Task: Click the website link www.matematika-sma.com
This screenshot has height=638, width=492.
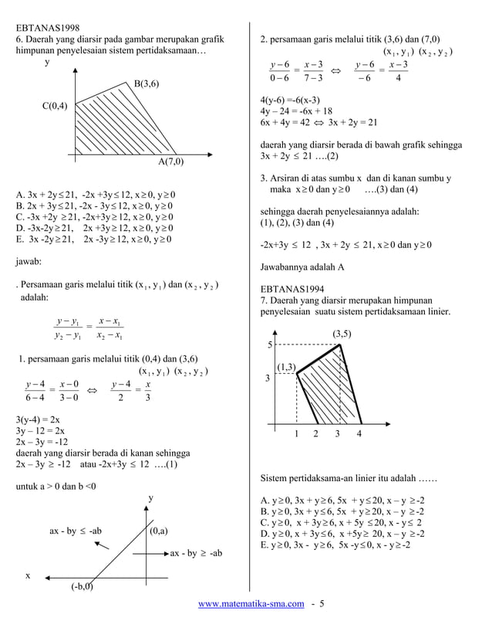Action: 251,623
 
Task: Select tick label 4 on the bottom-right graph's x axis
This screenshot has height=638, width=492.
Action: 359,434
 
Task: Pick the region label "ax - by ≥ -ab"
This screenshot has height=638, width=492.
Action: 196,553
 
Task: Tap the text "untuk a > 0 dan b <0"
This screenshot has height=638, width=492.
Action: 56,487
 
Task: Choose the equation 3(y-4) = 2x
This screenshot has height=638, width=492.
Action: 38,419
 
